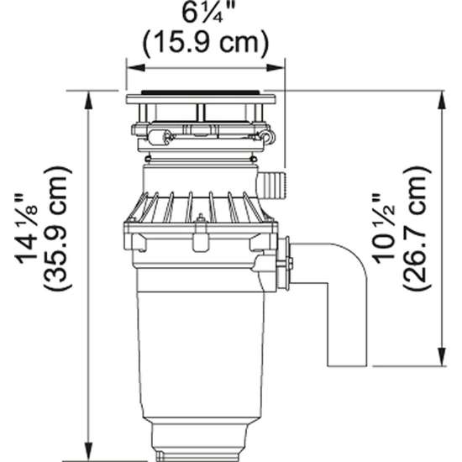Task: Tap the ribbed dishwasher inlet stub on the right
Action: (274, 182)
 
